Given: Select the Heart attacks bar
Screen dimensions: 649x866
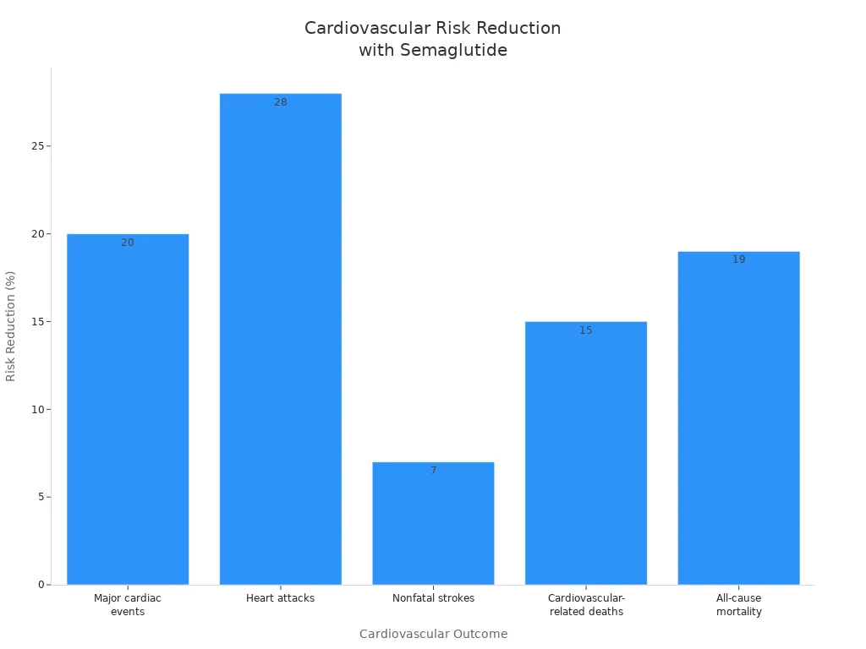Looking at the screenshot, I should pyautogui.click(x=280, y=338).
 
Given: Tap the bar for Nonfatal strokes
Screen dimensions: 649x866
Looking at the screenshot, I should pyautogui.click(x=433, y=523).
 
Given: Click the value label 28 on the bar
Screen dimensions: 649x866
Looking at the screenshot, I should pyautogui.click(x=280, y=102).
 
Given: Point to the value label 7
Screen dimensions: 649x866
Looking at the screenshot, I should pyautogui.click(x=433, y=471).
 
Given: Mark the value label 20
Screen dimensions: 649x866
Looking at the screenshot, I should pyautogui.click(x=128, y=243).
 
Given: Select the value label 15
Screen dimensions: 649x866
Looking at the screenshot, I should pyautogui.click(x=586, y=330).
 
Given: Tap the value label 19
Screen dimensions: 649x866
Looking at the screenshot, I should pyautogui.click(x=738, y=259).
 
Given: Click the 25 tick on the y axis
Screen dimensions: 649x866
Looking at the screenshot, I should pyautogui.click(x=36, y=146).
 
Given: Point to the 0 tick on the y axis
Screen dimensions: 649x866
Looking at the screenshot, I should pyautogui.click(x=40, y=585).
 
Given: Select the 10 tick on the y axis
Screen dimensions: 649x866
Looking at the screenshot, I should pyautogui.click(x=36, y=409).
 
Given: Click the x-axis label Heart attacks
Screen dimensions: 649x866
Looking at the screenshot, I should pyautogui.click(x=280, y=598).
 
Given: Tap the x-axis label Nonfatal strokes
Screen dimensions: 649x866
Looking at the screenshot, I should pyautogui.click(x=433, y=598).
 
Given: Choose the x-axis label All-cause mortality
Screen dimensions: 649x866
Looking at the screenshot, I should pyautogui.click(x=738, y=605).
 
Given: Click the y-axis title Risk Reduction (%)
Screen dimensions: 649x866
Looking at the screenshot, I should pyautogui.click(x=11, y=326).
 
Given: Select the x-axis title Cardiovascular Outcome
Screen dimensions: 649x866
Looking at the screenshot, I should pyautogui.click(x=433, y=634).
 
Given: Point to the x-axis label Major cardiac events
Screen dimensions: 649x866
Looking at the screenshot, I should pyautogui.click(x=128, y=605).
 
